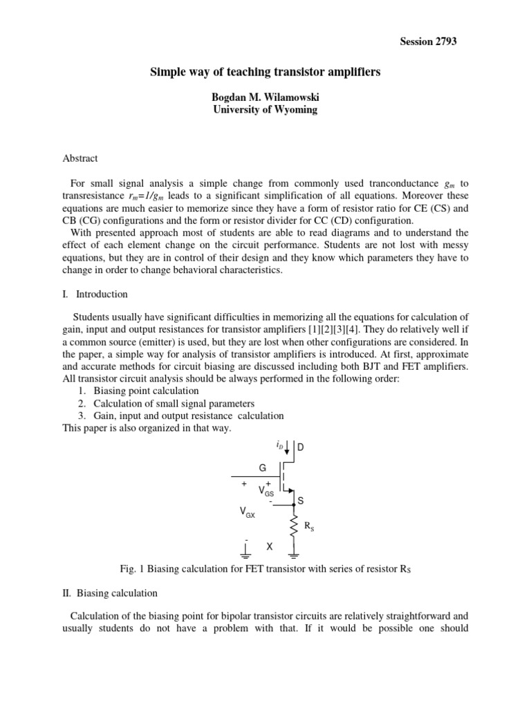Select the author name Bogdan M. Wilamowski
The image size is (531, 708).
point(265,97)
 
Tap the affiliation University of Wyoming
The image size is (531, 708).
point(265,110)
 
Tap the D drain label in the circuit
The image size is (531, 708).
point(301,447)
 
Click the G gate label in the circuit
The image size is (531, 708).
point(263,468)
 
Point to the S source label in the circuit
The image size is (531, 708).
point(301,500)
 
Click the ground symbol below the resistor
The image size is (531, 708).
point(294,553)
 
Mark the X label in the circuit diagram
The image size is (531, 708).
point(270,547)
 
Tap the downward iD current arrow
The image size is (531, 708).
point(287,448)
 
